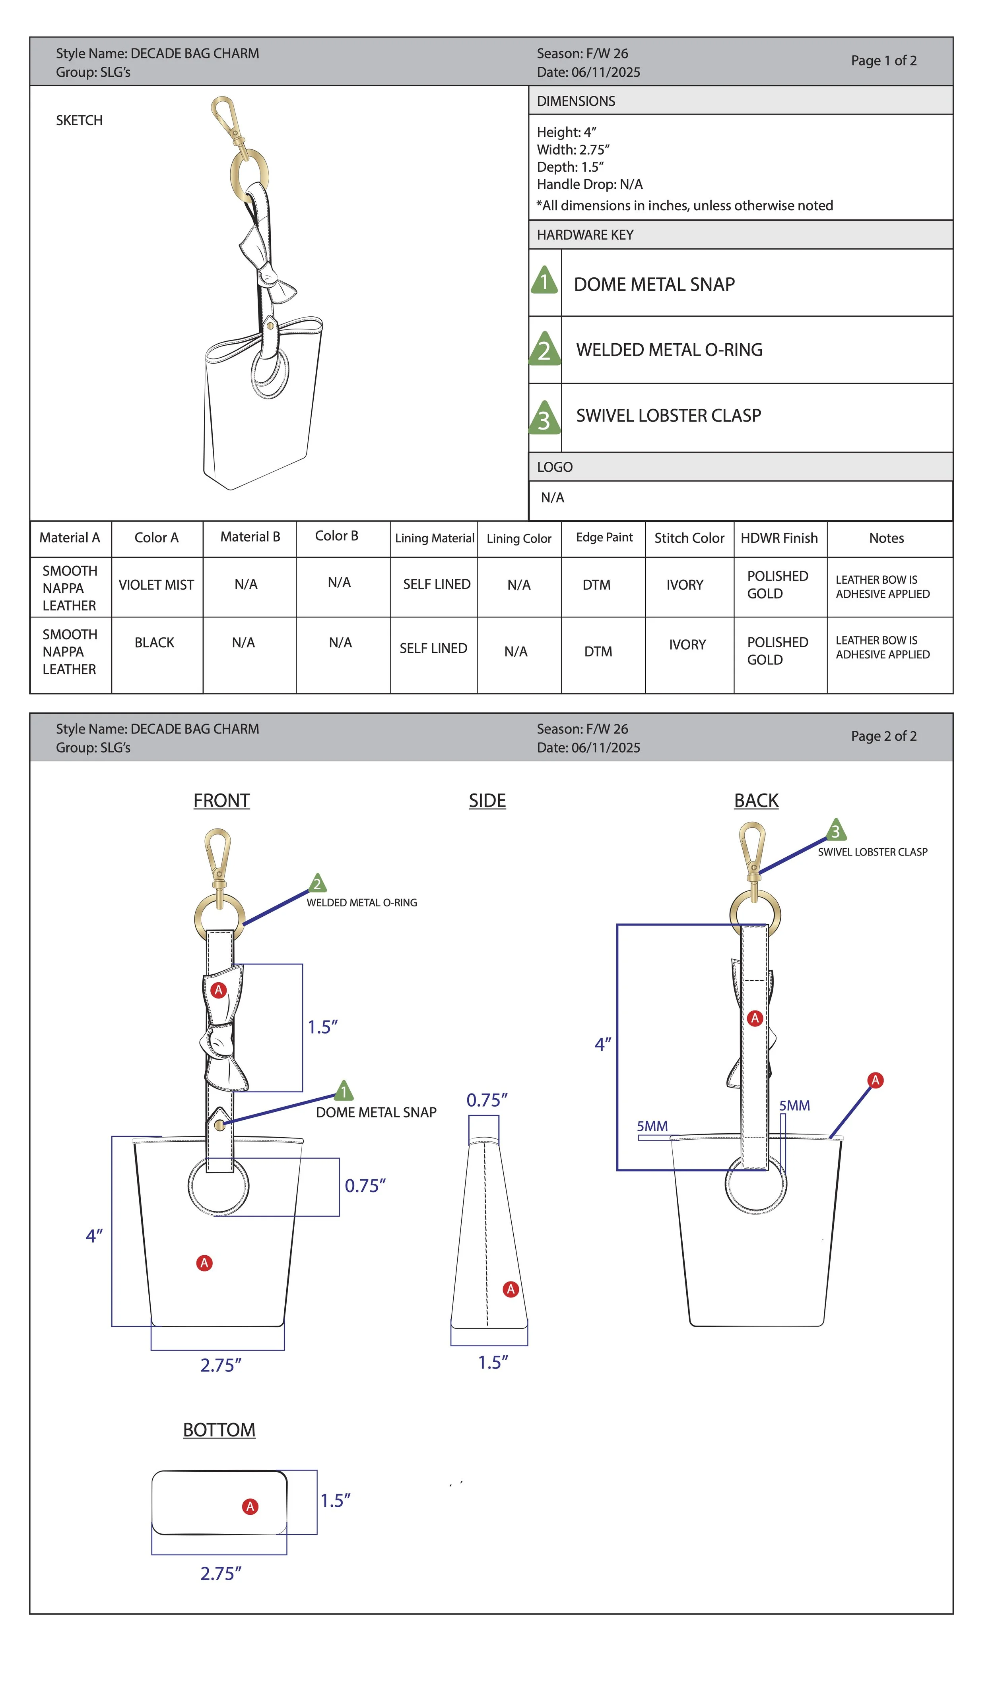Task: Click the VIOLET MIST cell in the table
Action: [x=156, y=585]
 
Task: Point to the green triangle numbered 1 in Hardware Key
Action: [x=545, y=281]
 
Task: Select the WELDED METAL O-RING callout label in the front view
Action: [x=362, y=903]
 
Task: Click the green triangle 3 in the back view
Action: [x=835, y=830]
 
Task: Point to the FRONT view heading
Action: [x=222, y=801]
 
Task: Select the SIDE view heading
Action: [x=487, y=801]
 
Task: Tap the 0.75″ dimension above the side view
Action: [x=487, y=1100]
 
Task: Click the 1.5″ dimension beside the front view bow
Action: [x=322, y=1028]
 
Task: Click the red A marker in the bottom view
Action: [x=250, y=1507]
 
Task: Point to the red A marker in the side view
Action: [x=511, y=1289]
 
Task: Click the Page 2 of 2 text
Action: [x=883, y=736]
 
